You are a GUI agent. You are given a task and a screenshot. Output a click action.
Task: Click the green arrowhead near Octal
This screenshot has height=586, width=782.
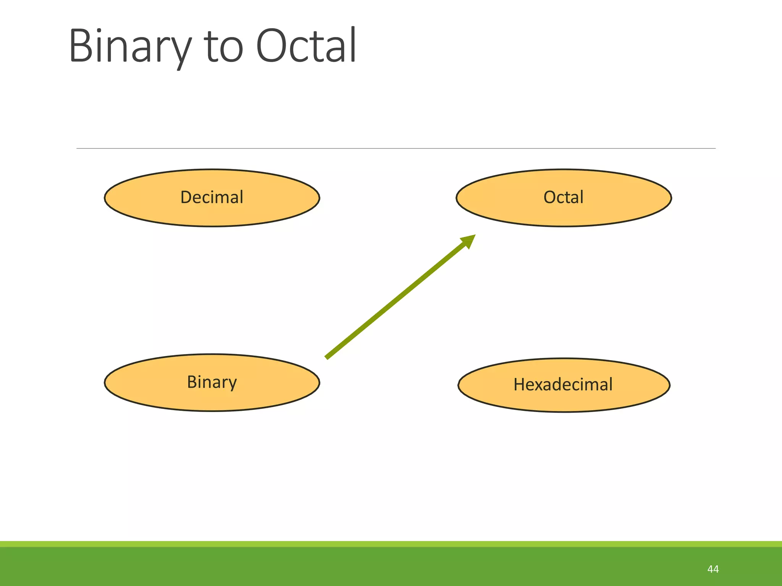coord(469,241)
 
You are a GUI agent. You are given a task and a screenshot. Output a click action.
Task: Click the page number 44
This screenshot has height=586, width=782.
coord(713,569)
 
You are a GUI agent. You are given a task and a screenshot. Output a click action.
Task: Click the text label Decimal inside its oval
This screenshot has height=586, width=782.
coord(212,197)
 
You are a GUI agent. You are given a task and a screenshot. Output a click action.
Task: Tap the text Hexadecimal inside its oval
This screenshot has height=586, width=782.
coord(563,384)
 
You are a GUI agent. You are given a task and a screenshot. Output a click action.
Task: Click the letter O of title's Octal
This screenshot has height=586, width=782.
coord(271,46)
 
